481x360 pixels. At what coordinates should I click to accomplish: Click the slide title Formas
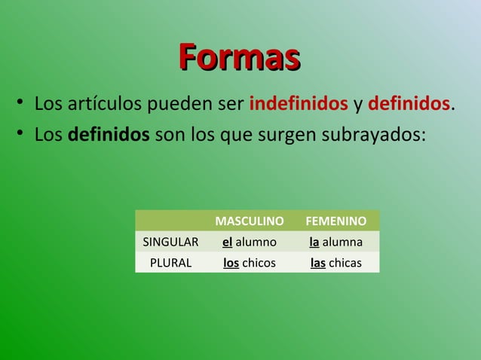tap(240, 57)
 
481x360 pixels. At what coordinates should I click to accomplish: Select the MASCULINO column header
tap(250, 221)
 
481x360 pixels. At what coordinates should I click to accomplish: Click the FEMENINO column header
tap(336, 221)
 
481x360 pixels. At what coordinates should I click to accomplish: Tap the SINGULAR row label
tap(171, 242)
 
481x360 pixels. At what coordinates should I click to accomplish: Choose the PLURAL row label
tap(171, 263)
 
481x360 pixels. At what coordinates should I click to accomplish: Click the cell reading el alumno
tap(250, 242)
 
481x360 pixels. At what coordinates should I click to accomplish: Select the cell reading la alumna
tap(336, 242)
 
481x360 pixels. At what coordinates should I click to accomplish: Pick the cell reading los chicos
tap(250, 263)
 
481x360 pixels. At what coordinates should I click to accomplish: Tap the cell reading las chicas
tap(336, 263)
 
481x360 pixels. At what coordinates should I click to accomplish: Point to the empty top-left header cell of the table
tap(171, 221)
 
